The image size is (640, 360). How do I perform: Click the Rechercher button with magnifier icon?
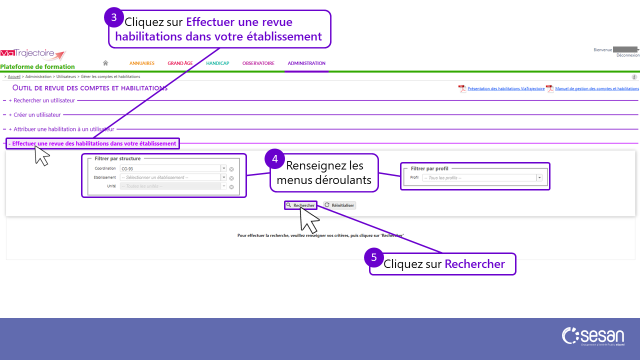tap(300, 205)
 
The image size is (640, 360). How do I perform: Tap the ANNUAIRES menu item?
tap(142, 63)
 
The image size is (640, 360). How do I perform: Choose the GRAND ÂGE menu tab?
tap(180, 63)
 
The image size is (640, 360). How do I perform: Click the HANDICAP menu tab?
tap(217, 63)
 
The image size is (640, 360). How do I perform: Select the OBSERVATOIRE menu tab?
tap(258, 63)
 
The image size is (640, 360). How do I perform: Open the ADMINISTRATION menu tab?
tap(306, 63)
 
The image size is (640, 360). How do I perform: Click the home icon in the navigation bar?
tap(105, 63)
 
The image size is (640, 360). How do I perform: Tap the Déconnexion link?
tap(627, 55)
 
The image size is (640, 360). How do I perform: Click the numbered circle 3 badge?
tap(114, 17)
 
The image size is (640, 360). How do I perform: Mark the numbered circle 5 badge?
tap(374, 258)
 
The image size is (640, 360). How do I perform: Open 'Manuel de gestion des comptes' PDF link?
tap(596, 88)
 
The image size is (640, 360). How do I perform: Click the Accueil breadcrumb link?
tap(14, 76)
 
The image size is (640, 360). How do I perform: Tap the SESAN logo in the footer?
tap(593, 336)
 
